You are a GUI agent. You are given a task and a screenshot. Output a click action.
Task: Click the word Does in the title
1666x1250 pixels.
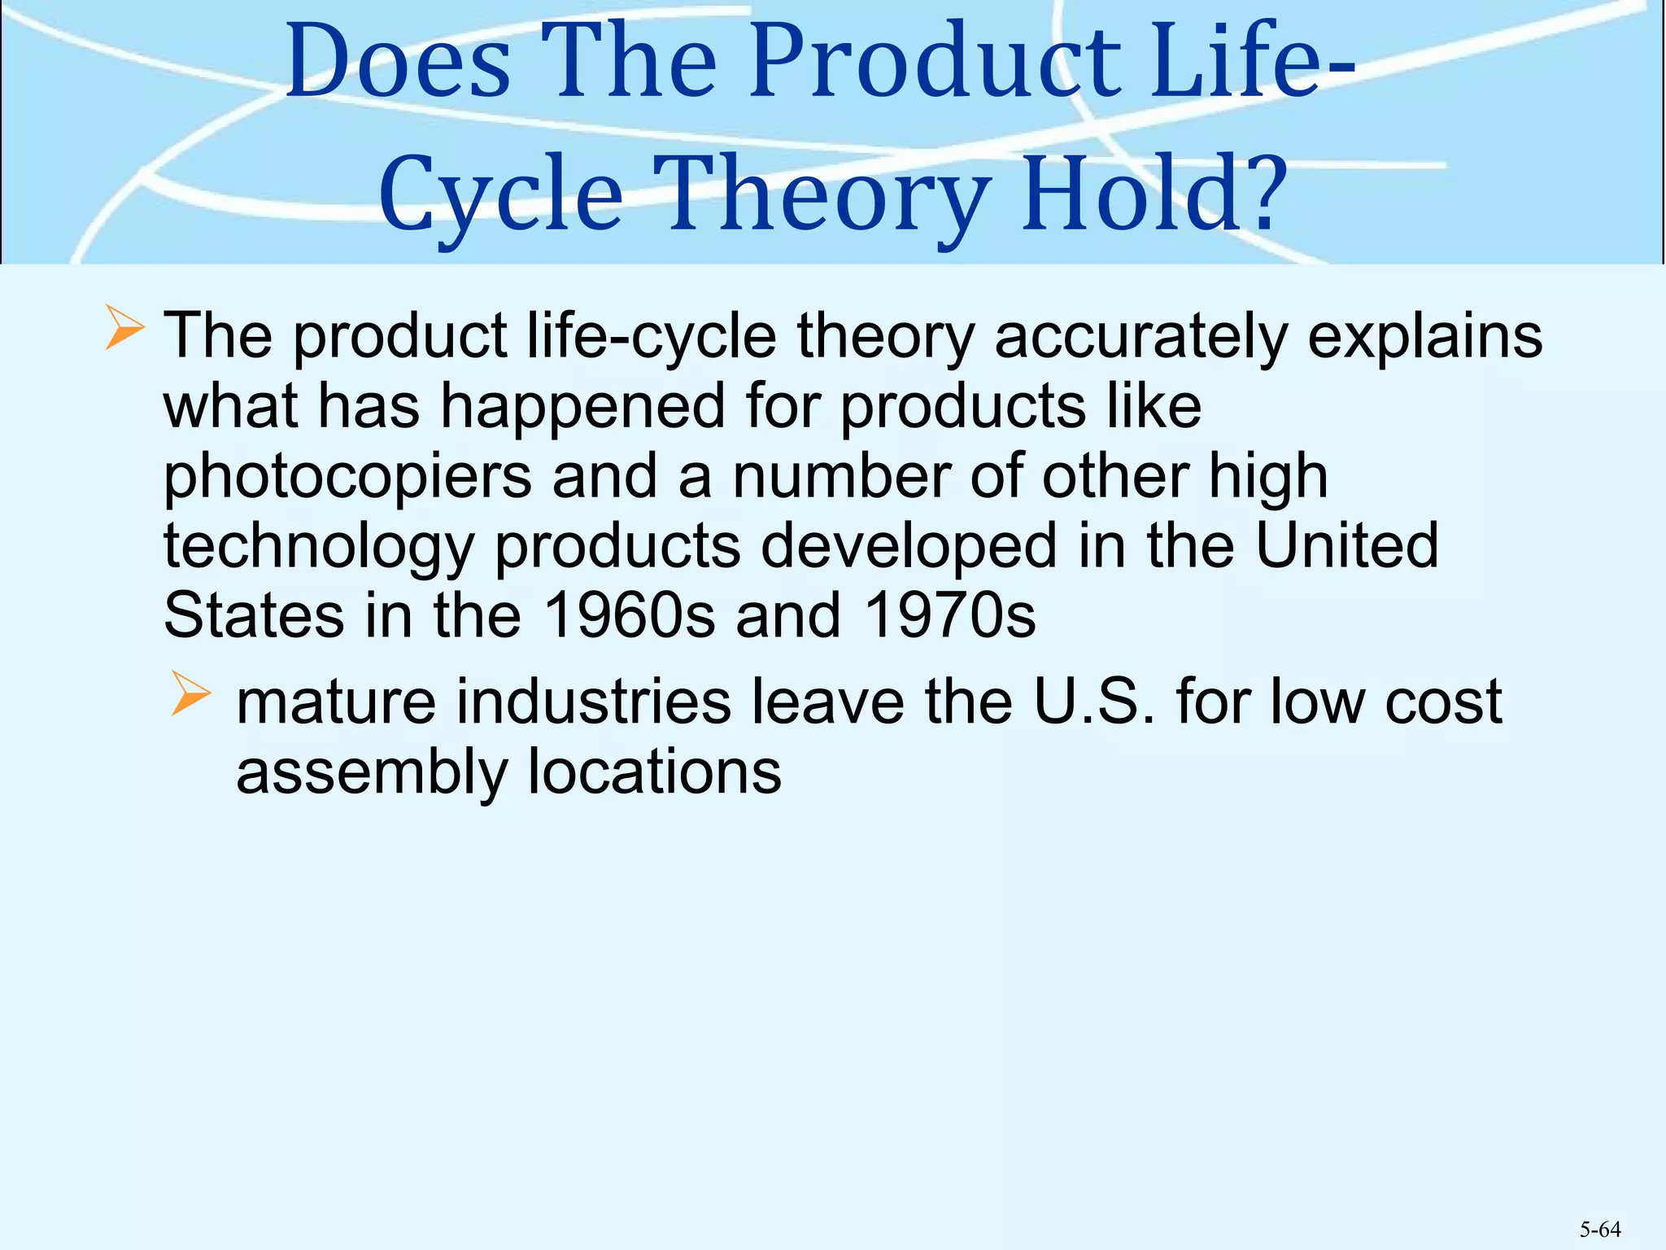[398, 63]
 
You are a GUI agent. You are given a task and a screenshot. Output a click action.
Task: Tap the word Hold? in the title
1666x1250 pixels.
[1155, 195]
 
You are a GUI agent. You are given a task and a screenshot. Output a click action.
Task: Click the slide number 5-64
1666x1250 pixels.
[1600, 1230]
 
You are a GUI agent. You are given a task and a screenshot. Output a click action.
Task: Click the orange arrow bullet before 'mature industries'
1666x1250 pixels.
[191, 697]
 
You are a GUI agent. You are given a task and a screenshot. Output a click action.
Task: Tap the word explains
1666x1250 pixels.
[1424, 336]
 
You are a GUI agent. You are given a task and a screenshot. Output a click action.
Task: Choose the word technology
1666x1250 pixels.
[319, 546]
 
